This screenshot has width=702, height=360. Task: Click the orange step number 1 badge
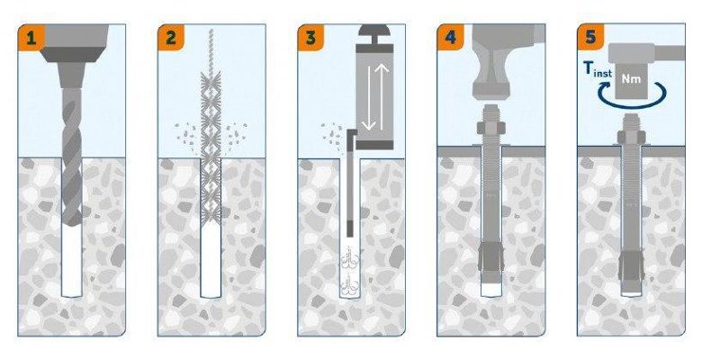(31, 38)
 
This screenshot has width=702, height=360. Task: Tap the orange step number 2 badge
(171, 38)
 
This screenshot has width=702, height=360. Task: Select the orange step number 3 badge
(311, 38)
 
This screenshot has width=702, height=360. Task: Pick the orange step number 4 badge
(451, 38)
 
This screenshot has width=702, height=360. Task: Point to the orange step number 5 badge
(591, 38)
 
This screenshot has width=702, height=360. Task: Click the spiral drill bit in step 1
(72, 157)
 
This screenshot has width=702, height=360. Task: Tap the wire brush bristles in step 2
(211, 148)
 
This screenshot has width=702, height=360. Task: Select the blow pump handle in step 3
(374, 33)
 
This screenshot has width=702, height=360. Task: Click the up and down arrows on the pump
(374, 97)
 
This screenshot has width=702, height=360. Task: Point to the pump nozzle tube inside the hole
(350, 183)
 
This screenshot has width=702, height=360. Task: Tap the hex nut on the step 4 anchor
(490, 129)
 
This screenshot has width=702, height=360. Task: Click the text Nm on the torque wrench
(631, 79)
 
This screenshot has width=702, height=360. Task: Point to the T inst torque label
(598, 69)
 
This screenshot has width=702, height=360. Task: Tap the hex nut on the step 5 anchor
(631, 137)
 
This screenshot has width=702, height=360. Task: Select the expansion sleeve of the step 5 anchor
(631, 265)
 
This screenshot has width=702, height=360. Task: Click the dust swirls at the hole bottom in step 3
(350, 272)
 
